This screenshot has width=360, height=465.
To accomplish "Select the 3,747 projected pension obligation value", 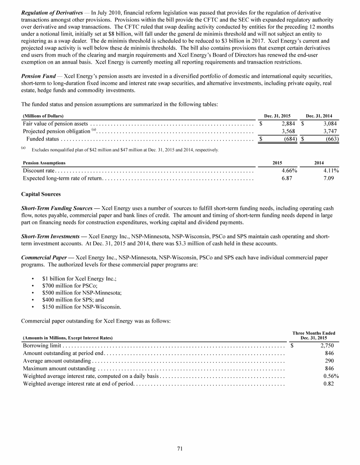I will [330, 131].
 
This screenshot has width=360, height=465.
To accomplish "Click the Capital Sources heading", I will [41, 194].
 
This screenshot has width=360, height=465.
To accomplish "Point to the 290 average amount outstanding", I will [329, 361].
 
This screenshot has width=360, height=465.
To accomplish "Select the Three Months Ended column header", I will [314, 333].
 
